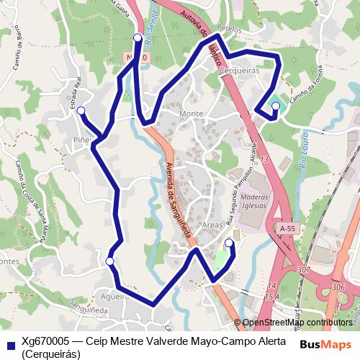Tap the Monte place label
click(192, 114)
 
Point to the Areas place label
click(213, 225)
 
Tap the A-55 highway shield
click(287, 229)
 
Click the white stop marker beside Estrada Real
click(81, 110)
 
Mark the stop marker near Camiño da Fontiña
click(275, 107)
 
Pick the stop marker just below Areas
click(229, 243)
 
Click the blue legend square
click(9, 344)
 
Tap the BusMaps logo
click(326, 343)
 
